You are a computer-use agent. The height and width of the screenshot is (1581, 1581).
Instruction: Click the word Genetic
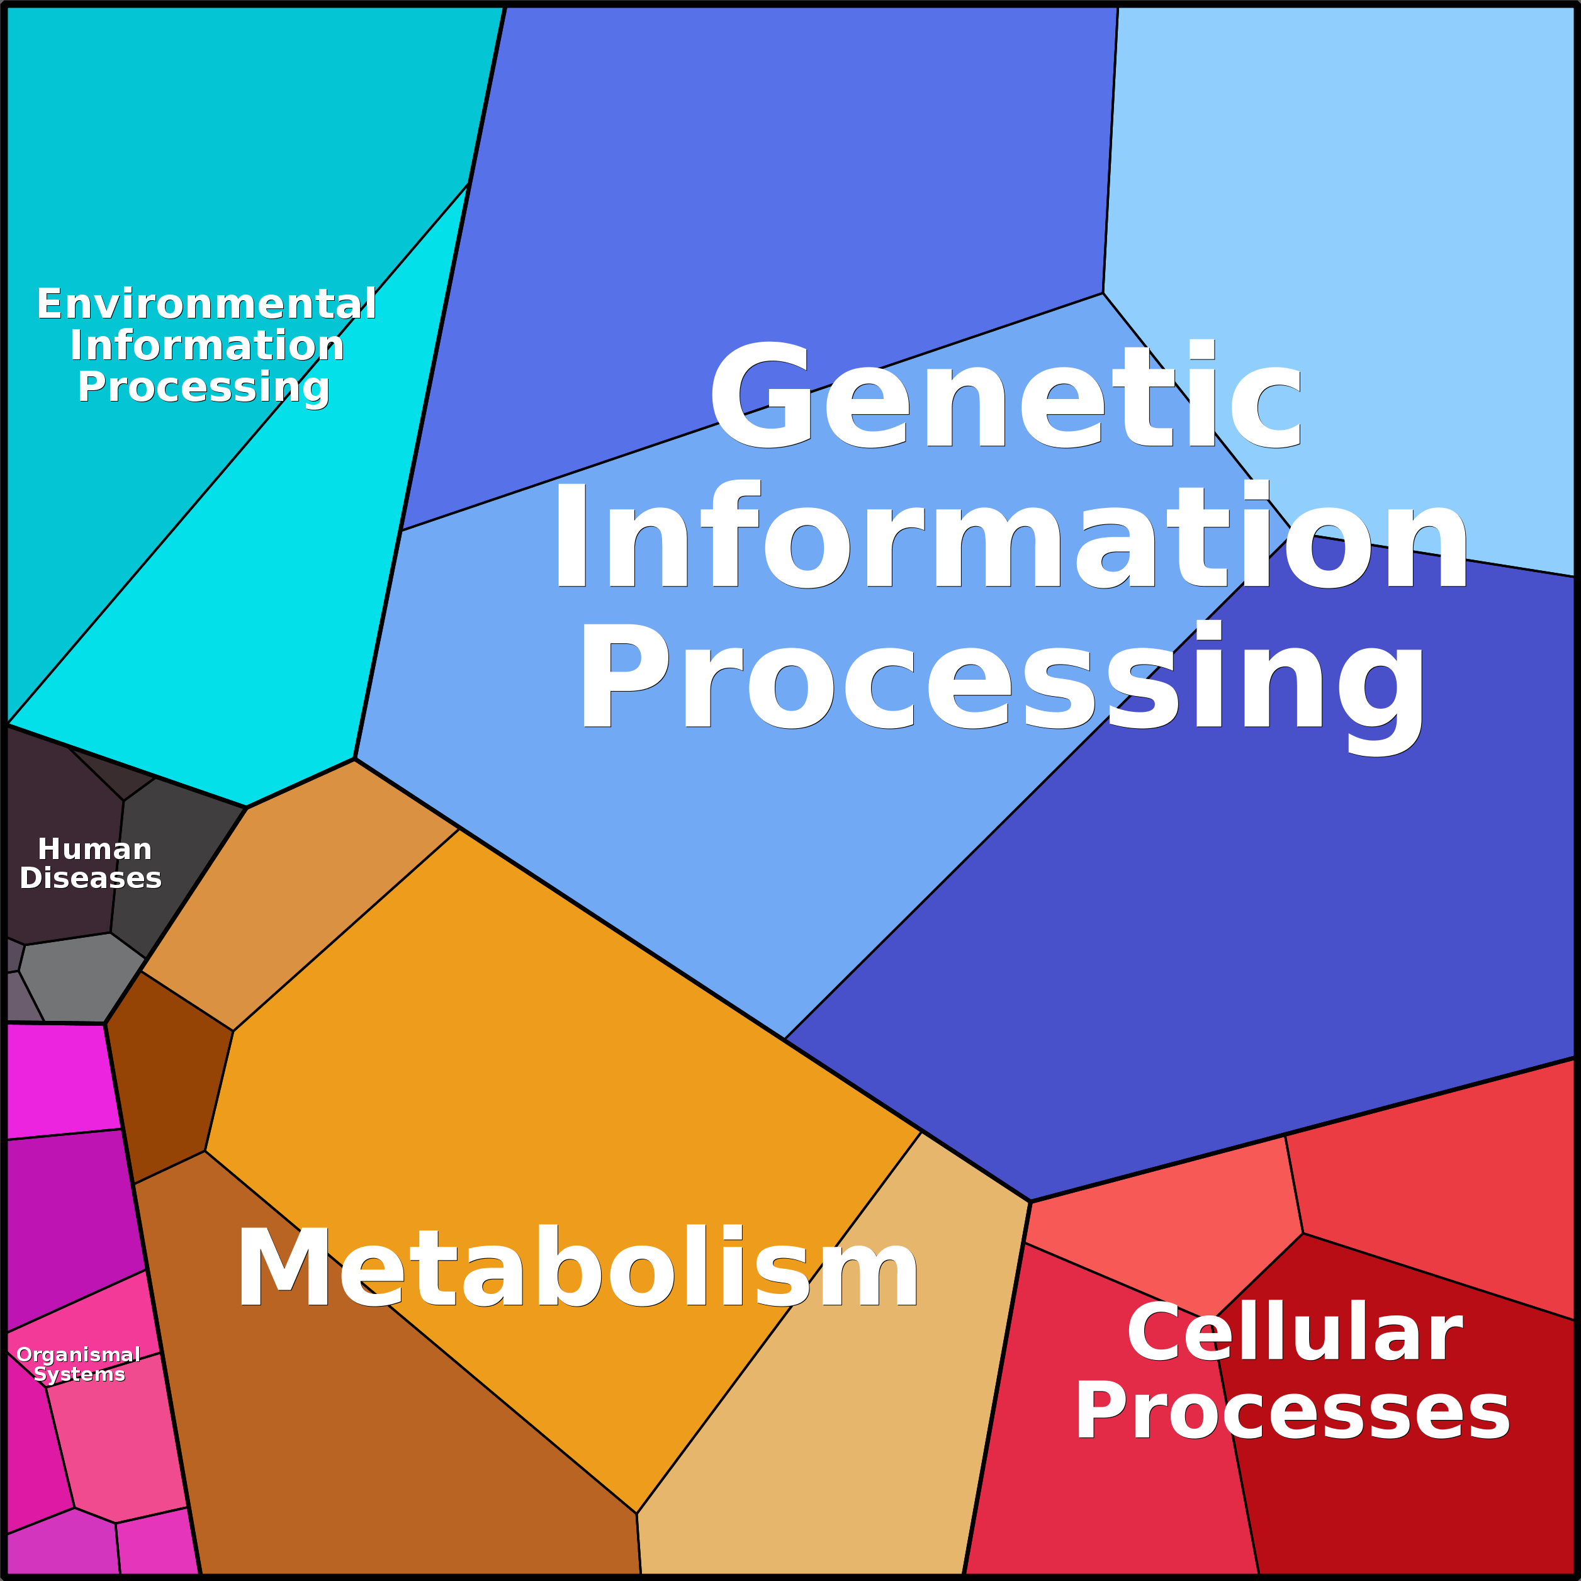[1005, 395]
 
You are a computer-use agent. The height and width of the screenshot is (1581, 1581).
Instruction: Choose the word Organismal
[79, 1354]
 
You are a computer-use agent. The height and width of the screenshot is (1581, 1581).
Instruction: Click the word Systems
[79, 1374]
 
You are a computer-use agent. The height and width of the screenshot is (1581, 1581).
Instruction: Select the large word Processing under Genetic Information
[1003, 676]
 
